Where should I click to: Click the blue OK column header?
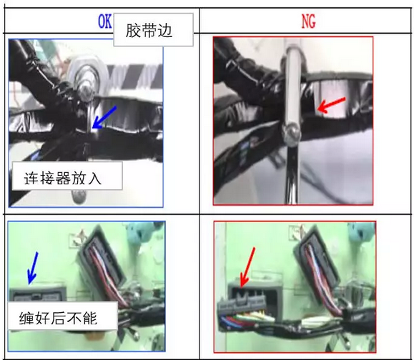[x=105, y=21]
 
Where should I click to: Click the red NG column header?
[x=308, y=21]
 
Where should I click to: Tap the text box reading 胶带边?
[x=154, y=30]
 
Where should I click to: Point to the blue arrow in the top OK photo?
[x=104, y=118]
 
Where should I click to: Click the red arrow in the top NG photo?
[x=331, y=104]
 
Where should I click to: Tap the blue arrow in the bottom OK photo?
[x=33, y=269]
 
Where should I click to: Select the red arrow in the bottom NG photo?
[x=247, y=267]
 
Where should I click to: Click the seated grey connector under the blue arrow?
[x=38, y=295]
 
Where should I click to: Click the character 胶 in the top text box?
[x=133, y=31]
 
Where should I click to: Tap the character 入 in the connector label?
[x=94, y=179]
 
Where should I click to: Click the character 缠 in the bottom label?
[x=26, y=318]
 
